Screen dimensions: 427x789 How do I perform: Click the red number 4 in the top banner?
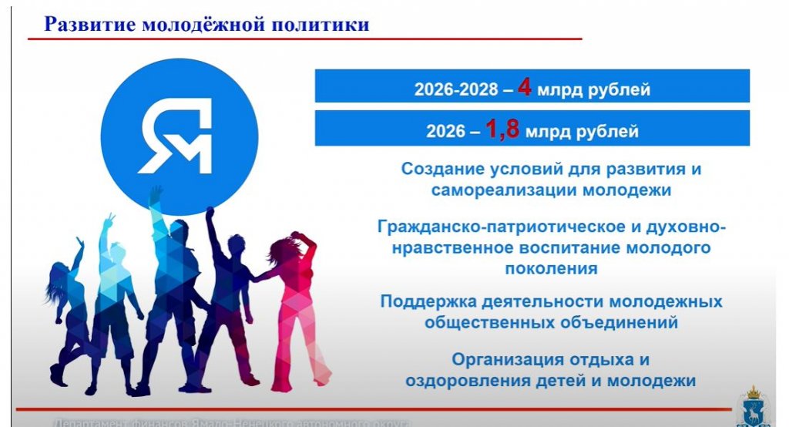[525, 87]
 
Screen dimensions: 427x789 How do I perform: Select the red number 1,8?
[502, 129]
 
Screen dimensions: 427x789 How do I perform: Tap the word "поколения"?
[551, 269]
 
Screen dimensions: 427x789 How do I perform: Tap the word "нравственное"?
[451, 248]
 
